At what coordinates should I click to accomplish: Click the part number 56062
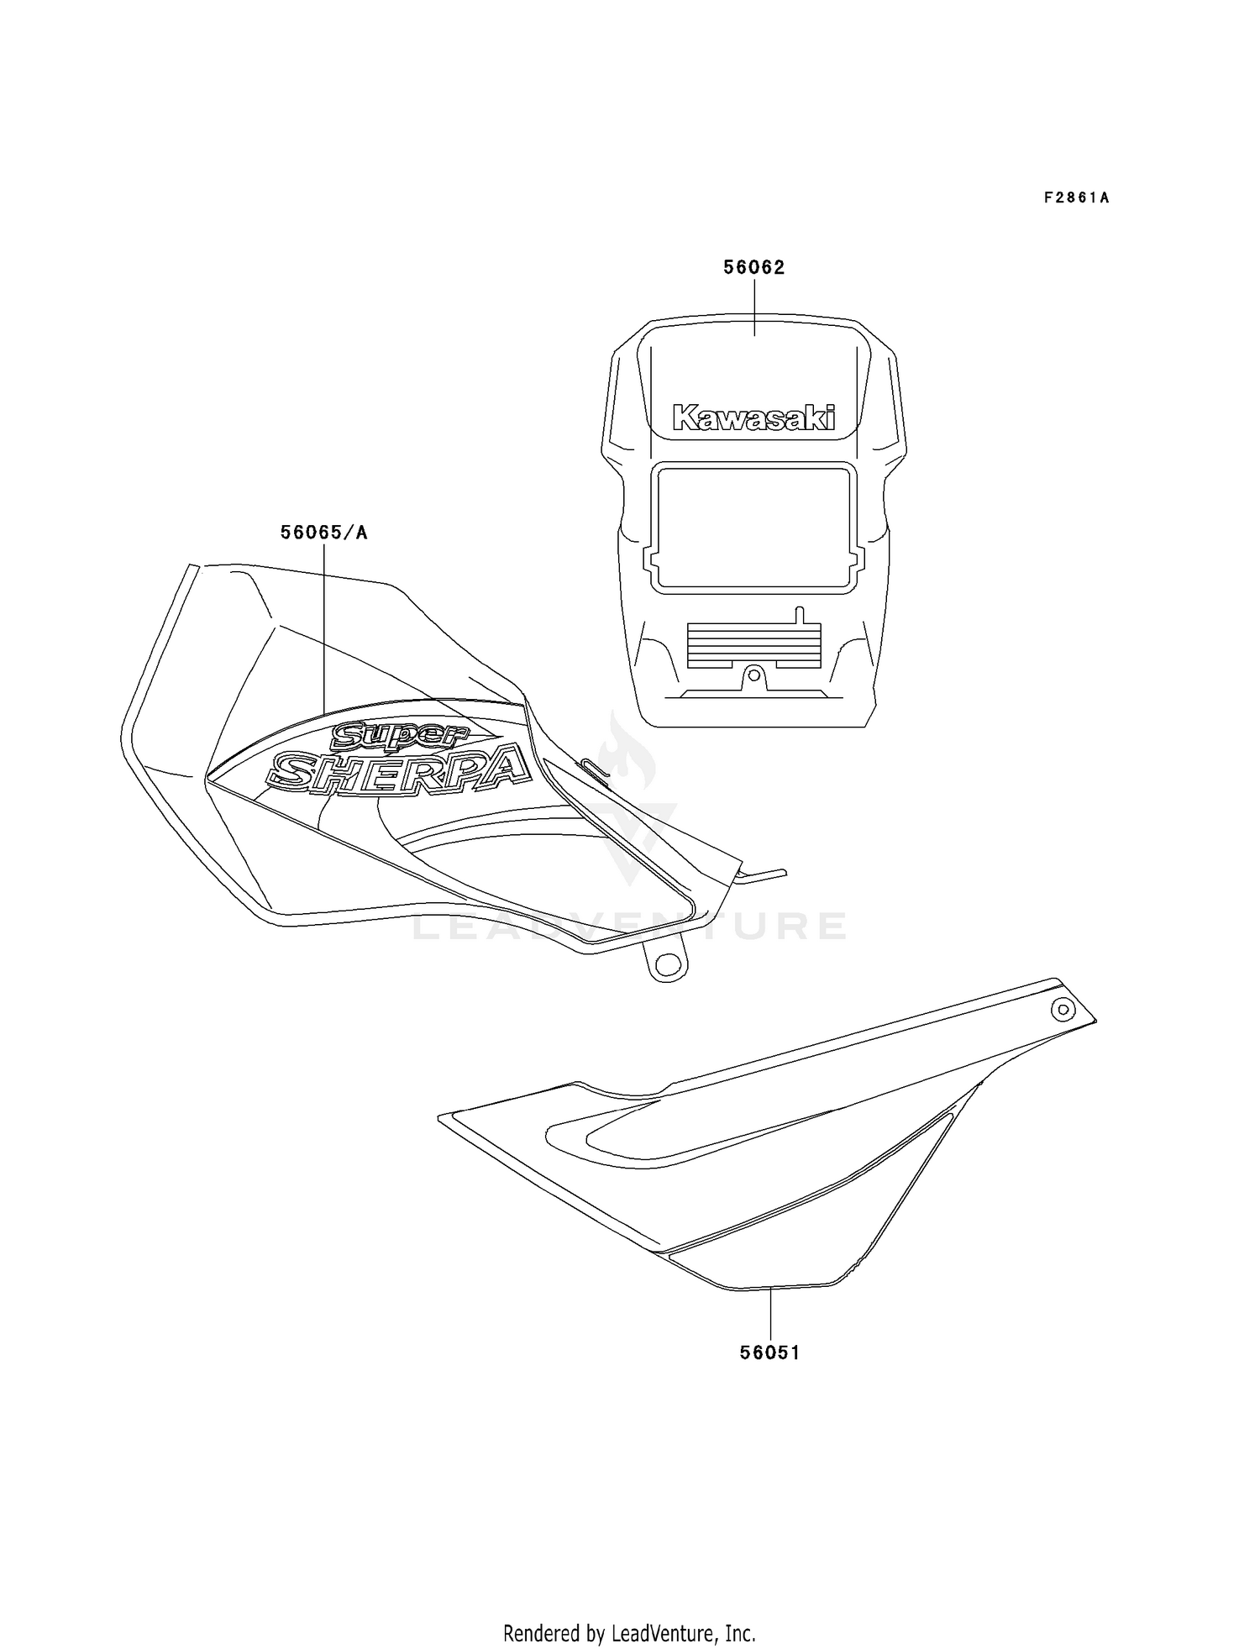(x=754, y=268)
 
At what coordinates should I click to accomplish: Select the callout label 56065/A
(x=323, y=533)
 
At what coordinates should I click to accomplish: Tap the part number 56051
(x=770, y=1352)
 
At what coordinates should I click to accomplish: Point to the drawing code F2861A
(x=1077, y=198)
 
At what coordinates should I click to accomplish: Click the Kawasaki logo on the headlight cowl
(x=754, y=418)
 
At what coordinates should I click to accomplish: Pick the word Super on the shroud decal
(x=400, y=736)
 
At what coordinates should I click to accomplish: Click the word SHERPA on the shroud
(x=399, y=770)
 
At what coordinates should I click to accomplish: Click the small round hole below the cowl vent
(x=754, y=674)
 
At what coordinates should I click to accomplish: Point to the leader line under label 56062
(x=754, y=307)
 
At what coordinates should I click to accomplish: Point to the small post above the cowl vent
(x=800, y=615)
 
